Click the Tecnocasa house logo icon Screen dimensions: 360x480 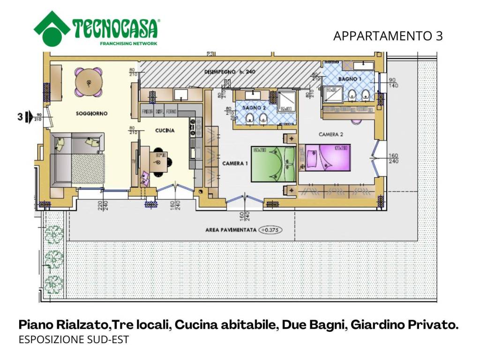(52, 29)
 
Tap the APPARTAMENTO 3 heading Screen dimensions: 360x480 (388, 36)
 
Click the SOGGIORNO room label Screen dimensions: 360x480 (92, 113)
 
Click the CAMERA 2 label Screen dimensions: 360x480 (331, 135)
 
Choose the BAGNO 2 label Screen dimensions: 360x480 (254, 108)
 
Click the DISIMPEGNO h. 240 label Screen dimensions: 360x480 (230, 72)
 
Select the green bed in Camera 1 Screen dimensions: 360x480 (274, 164)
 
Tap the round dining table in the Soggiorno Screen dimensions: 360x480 (89, 82)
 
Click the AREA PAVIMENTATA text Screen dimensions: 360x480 (231, 230)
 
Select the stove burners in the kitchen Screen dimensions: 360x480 (192, 128)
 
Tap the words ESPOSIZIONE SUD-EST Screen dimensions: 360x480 (73, 340)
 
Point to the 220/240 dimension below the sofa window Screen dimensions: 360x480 (103, 207)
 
